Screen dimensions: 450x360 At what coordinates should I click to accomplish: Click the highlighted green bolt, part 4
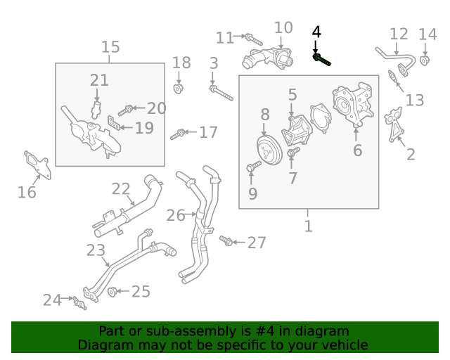tap(321, 60)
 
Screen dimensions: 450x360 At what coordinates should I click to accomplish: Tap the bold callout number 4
tap(316, 32)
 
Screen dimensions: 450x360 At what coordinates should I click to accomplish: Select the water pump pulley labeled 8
tap(269, 150)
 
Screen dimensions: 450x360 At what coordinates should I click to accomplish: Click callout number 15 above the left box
tap(110, 47)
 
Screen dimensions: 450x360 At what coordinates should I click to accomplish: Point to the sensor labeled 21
tap(96, 110)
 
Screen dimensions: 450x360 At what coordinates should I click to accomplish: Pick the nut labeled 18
tap(178, 89)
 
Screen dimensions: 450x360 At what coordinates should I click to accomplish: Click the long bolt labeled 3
tap(221, 93)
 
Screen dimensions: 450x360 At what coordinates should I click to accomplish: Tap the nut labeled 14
tap(425, 60)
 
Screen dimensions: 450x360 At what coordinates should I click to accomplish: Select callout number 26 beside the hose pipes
tap(176, 215)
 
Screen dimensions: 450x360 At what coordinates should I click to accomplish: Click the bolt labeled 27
tap(226, 240)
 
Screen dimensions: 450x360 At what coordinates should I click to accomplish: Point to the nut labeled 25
tap(112, 292)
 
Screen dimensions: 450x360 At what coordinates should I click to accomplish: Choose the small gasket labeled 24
tap(79, 303)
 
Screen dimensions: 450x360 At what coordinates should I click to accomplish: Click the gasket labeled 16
tap(37, 165)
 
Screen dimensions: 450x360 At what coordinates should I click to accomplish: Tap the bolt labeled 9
tap(254, 166)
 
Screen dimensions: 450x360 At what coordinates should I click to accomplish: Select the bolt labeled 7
tap(293, 151)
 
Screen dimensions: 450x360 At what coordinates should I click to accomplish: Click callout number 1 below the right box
tap(308, 226)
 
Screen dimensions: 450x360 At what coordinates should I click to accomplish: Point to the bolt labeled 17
tap(177, 134)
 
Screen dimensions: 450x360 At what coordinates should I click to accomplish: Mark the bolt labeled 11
tap(254, 39)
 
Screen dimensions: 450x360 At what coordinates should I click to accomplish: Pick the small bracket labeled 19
tap(114, 122)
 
